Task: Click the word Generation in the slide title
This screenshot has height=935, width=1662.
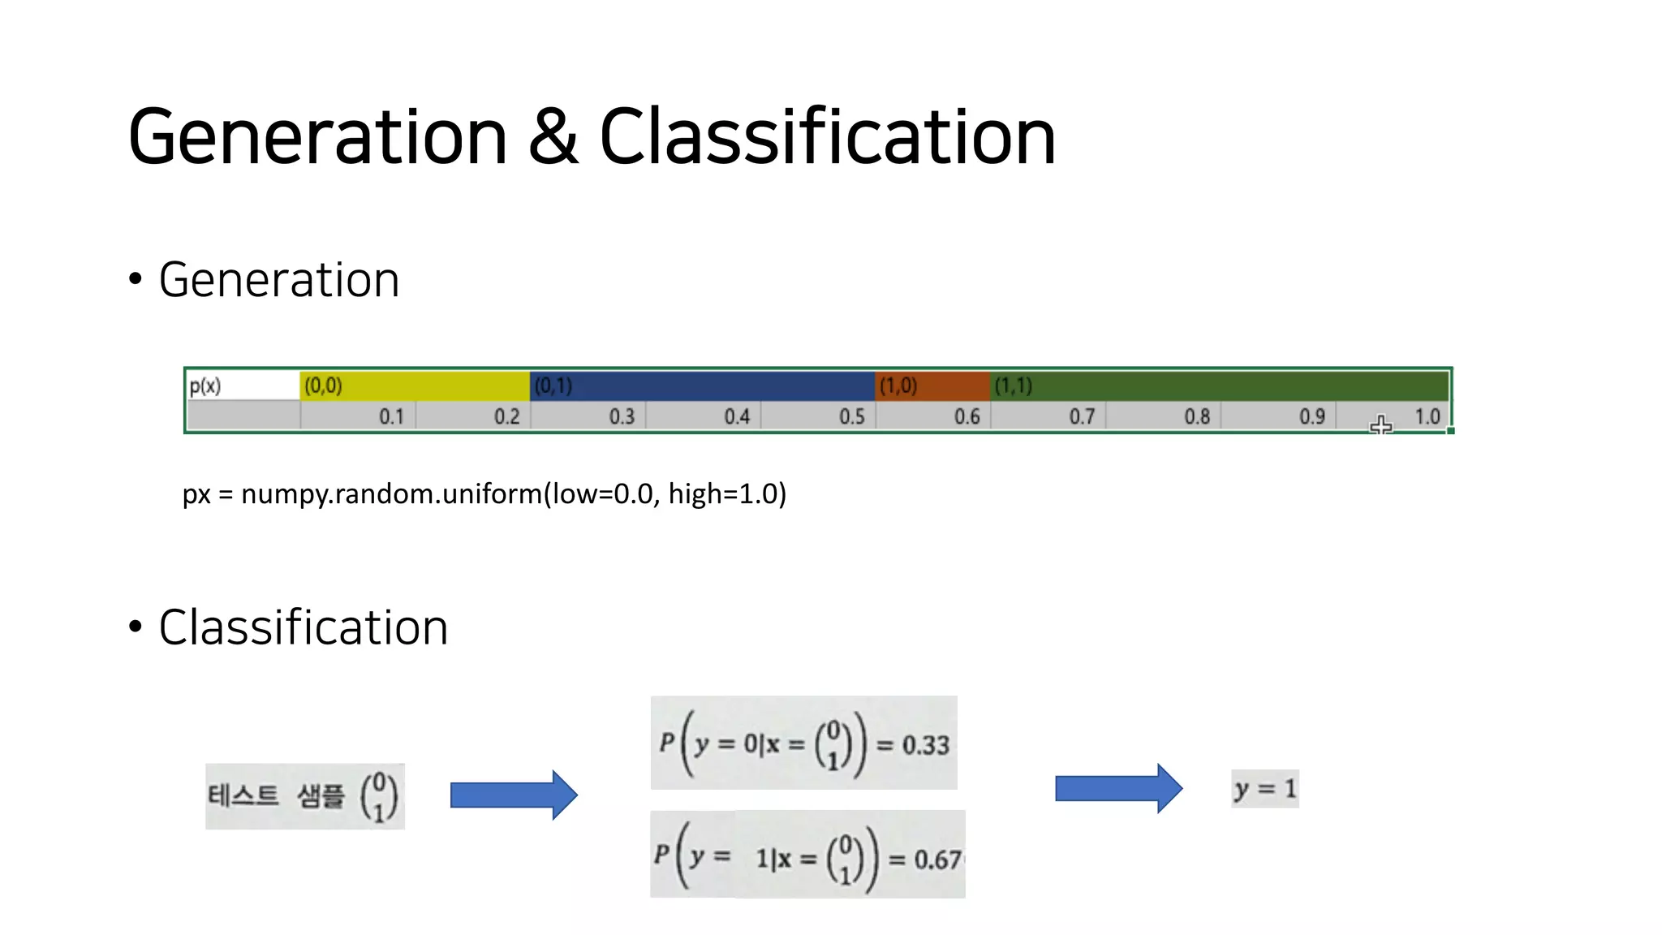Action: [317, 137]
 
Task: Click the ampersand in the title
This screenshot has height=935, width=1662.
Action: [553, 137]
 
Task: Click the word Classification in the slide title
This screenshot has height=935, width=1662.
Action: [827, 137]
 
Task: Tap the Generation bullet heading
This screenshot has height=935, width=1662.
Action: [278, 280]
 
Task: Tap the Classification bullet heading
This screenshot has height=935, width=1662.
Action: [303, 627]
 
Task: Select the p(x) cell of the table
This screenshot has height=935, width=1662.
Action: [205, 386]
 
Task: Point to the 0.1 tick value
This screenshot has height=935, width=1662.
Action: [391, 416]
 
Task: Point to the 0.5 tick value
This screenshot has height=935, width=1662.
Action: [851, 416]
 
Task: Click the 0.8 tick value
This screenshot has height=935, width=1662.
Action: [1196, 416]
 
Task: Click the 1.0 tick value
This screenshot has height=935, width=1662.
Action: [1427, 416]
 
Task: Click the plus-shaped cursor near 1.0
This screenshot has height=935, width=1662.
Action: [1380, 425]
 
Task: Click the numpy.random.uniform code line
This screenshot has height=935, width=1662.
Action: [484, 493]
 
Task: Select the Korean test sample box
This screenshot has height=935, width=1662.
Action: [304, 795]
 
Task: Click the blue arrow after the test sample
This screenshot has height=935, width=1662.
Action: [514, 795]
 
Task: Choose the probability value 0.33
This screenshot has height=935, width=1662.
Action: [925, 745]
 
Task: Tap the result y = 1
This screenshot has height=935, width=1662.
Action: [1264, 789]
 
